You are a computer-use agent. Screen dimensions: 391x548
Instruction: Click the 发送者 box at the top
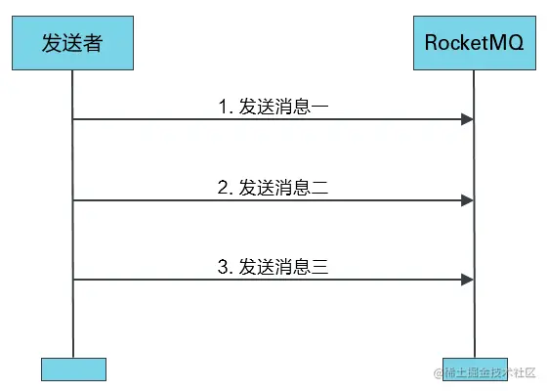73,43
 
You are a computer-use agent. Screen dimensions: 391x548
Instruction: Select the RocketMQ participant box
474,43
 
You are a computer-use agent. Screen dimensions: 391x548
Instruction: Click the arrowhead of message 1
468,119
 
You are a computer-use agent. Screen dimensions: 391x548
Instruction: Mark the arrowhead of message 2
468,200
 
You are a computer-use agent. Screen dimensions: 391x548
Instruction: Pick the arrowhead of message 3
468,281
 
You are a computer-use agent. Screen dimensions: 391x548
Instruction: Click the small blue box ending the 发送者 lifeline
73,369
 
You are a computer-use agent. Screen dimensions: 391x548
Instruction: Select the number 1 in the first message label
222,105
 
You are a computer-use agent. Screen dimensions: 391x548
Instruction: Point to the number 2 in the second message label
222,187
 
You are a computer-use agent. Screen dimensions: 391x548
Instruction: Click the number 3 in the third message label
222,266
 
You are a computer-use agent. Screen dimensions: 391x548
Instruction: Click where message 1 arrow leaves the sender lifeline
74,119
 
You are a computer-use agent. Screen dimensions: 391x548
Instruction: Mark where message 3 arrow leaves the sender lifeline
74,281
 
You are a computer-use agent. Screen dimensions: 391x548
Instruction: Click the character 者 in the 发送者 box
95,43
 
